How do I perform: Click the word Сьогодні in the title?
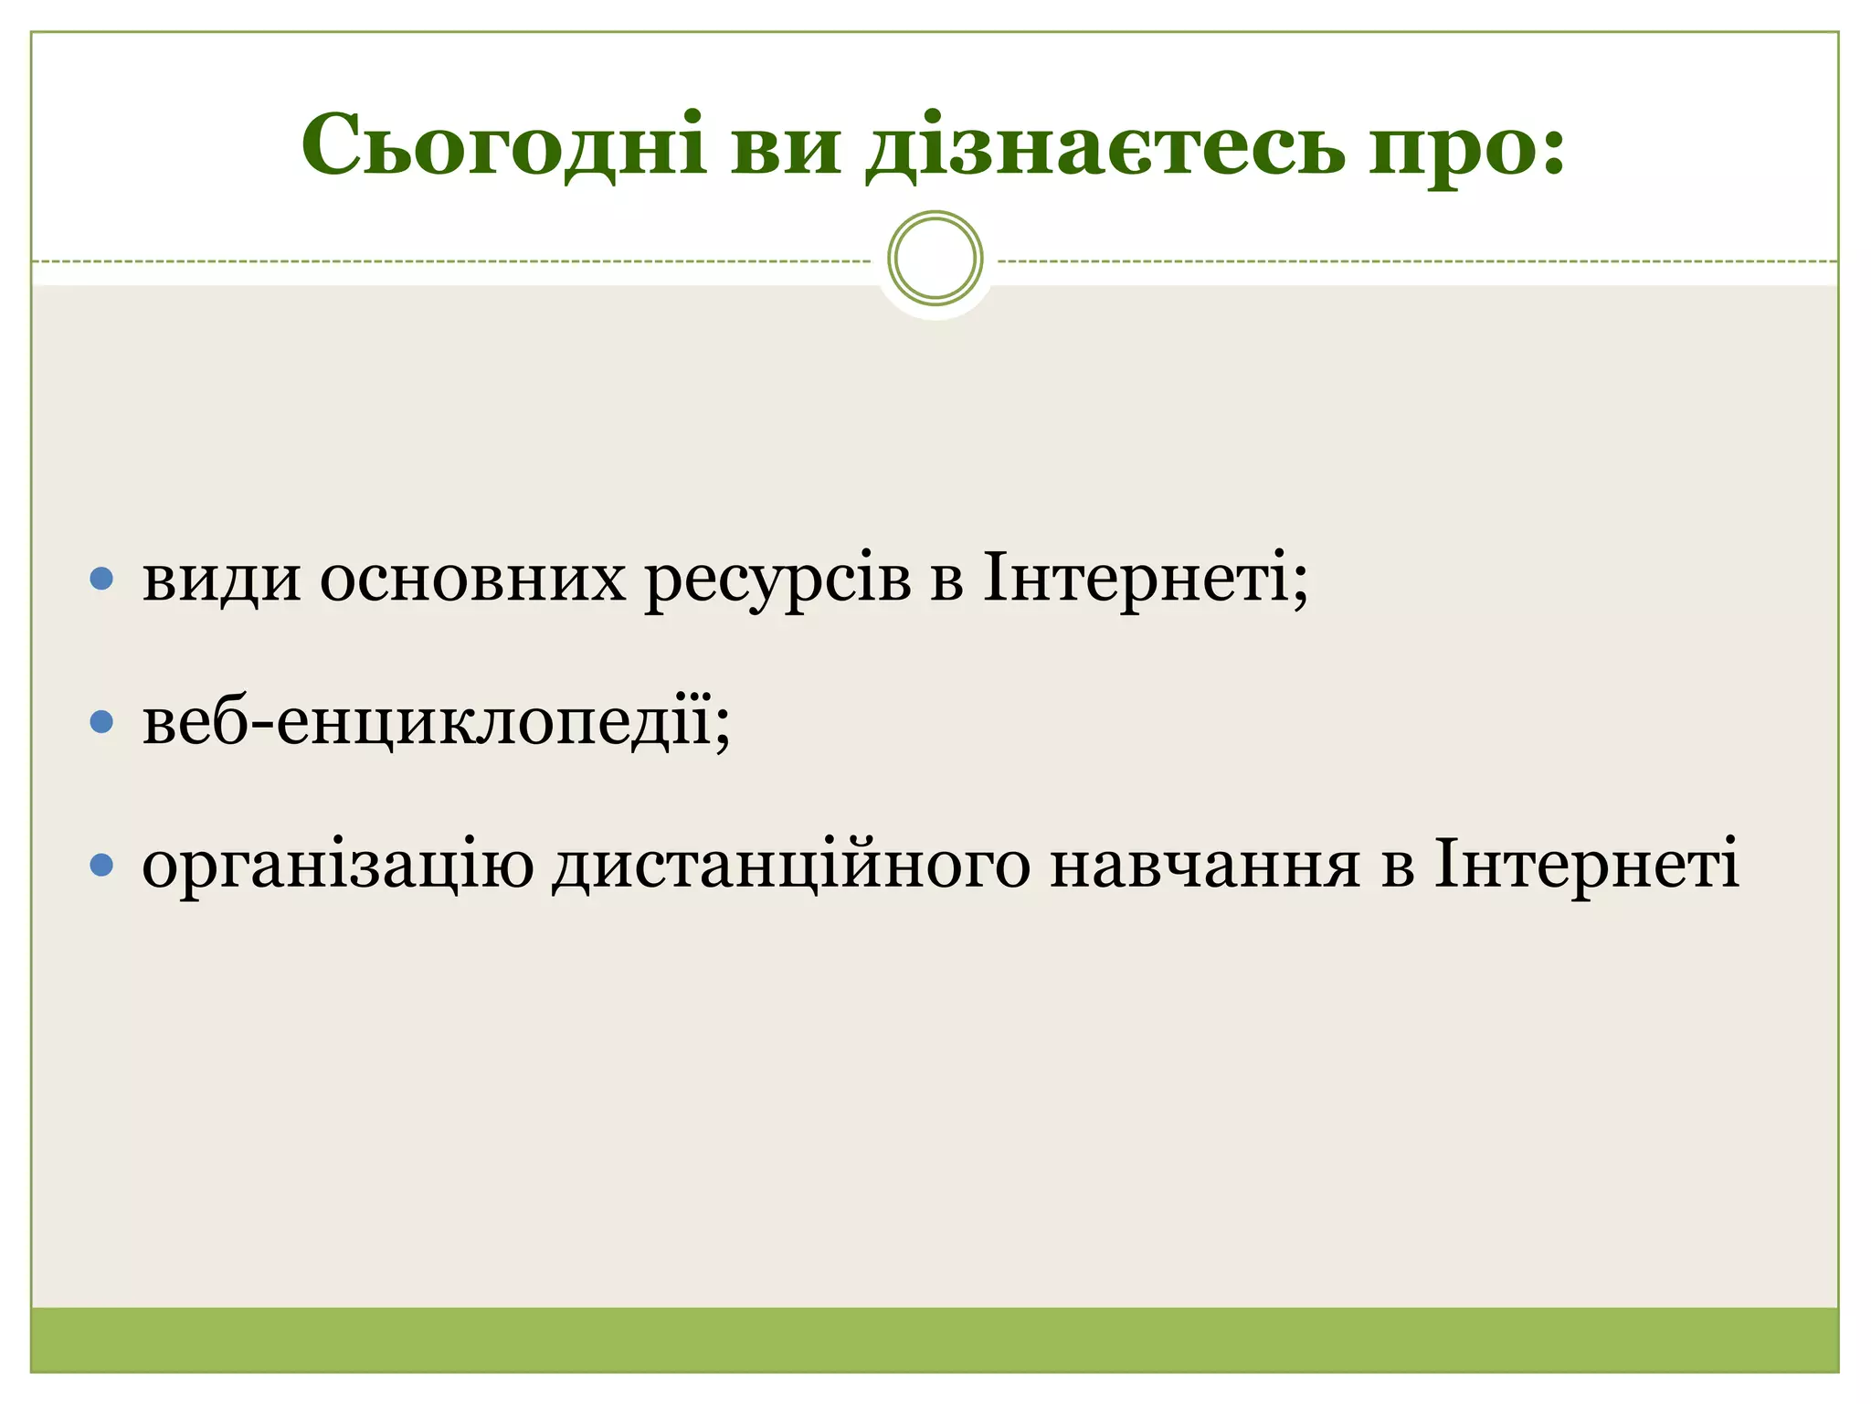click(x=503, y=146)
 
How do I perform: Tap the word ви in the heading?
click(x=785, y=148)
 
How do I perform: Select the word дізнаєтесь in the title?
click(x=1105, y=148)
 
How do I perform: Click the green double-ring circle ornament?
click(x=935, y=258)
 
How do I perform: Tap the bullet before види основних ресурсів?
click(x=102, y=579)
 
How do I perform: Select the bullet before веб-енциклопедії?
click(x=102, y=723)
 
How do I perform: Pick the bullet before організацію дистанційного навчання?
click(x=102, y=865)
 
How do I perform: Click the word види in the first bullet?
click(x=221, y=580)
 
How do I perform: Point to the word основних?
click(x=472, y=580)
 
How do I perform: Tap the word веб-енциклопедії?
click(x=437, y=722)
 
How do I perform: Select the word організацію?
click(x=337, y=865)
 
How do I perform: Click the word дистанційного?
click(x=791, y=865)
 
